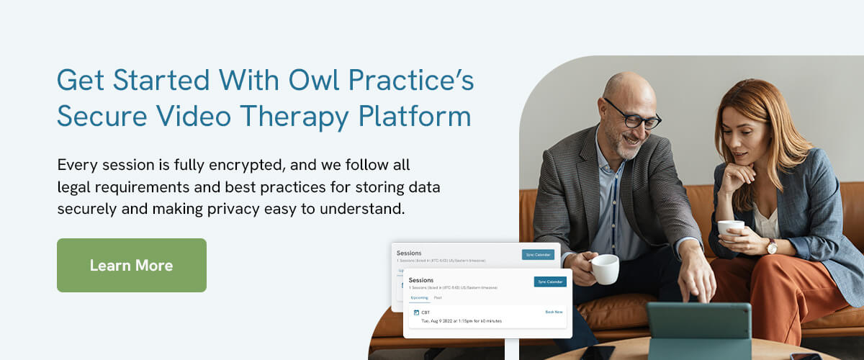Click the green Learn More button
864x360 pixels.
(x=131, y=265)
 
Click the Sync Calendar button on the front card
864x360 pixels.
(x=550, y=282)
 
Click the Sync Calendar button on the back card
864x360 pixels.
(x=538, y=254)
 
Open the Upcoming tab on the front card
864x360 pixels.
(x=419, y=297)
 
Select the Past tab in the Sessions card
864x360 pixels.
(x=438, y=297)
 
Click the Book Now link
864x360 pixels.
(x=554, y=312)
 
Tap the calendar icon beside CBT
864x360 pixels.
(x=416, y=312)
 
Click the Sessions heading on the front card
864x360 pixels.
(x=421, y=280)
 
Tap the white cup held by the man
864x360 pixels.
(x=605, y=269)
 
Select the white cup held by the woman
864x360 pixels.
(x=731, y=228)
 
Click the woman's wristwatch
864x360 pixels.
(x=772, y=246)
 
